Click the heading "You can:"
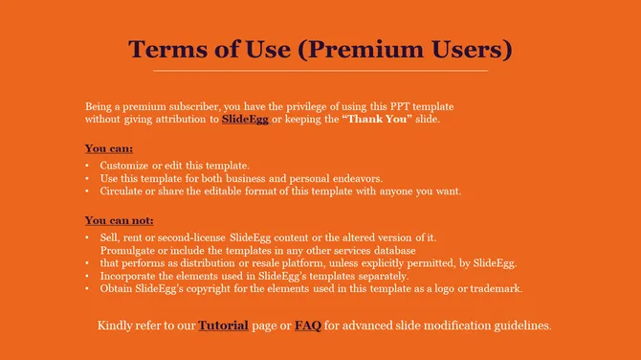[109, 148]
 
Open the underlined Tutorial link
[223, 326]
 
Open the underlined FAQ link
[307, 326]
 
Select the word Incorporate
[131, 276]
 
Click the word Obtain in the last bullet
[117, 288]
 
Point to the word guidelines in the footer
[521, 326]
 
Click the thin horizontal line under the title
[320, 71]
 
